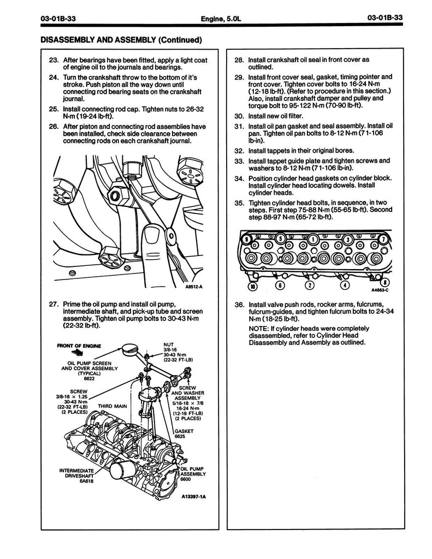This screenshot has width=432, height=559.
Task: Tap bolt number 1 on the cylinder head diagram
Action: point(313,239)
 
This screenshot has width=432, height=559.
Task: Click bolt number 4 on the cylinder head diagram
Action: point(345,285)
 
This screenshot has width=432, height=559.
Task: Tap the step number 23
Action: point(53,60)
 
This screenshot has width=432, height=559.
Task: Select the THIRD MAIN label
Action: point(113,406)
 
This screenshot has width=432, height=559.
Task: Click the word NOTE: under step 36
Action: point(259,328)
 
